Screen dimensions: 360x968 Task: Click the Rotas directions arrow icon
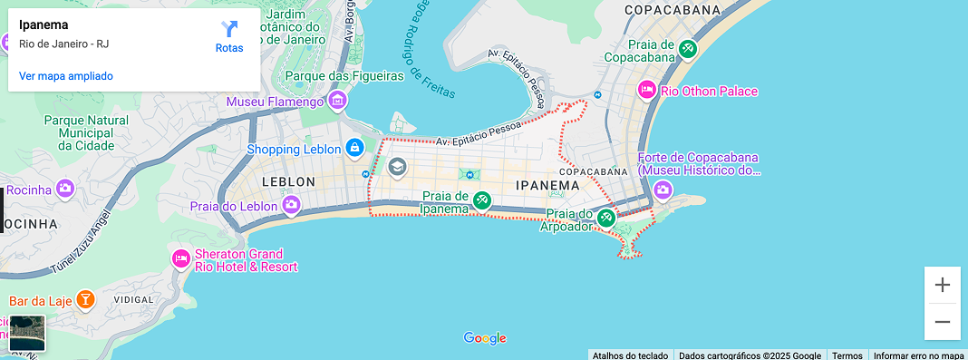click(x=229, y=29)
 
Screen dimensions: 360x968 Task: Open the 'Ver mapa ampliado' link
click(x=66, y=76)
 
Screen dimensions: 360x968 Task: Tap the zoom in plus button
click(x=943, y=285)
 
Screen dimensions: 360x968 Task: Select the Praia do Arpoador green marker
click(x=606, y=218)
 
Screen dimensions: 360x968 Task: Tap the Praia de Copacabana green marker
click(x=688, y=48)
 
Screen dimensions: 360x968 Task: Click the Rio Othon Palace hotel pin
click(x=647, y=91)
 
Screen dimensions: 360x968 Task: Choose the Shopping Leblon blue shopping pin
click(x=353, y=148)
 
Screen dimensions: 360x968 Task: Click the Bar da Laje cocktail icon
click(x=84, y=299)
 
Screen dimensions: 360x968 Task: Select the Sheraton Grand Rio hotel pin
click(x=181, y=259)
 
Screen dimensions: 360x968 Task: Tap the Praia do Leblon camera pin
click(x=291, y=205)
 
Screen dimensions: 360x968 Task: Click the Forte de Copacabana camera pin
click(x=663, y=190)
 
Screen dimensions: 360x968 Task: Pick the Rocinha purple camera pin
click(x=64, y=189)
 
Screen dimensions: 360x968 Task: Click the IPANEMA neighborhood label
click(x=547, y=185)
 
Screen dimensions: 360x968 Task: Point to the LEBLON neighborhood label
click(x=288, y=181)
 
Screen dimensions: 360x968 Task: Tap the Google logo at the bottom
click(x=485, y=338)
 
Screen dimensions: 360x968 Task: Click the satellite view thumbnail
click(x=27, y=333)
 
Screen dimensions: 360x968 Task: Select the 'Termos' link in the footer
click(x=847, y=355)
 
